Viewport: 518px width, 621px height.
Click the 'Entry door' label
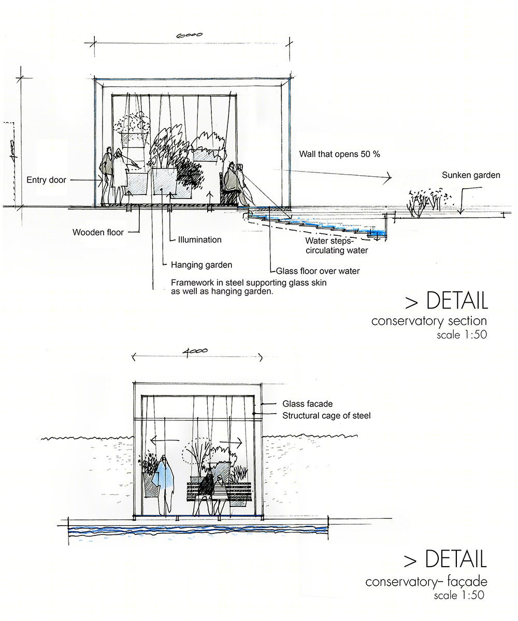[x=46, y=180]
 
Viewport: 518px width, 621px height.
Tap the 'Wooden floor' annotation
[x=98, y=232]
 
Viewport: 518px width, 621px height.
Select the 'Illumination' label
[x=199, y=239]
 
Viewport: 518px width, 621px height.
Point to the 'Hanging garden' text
[x=202, y=265]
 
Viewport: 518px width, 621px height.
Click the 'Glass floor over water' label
[x=318, y=271]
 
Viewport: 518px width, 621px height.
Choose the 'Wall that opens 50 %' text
[x=339, y=154]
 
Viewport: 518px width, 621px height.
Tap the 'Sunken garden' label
[x=471, y=175]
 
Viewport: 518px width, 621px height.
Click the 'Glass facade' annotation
[x=308, y=404]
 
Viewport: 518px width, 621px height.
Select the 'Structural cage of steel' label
[x=326, y=416]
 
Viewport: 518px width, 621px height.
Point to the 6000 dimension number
[x=190, y=35]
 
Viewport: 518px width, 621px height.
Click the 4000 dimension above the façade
[x=195, y=351]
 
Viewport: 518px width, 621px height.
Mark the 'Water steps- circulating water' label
[x=336, y=246]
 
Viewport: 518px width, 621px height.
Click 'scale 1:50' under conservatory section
[x=462, y=335]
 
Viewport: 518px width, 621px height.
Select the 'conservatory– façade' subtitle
[x=426, y=582]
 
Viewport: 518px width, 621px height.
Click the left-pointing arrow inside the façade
[x=165, y=441]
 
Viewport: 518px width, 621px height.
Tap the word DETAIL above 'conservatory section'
[x=457, y=301]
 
